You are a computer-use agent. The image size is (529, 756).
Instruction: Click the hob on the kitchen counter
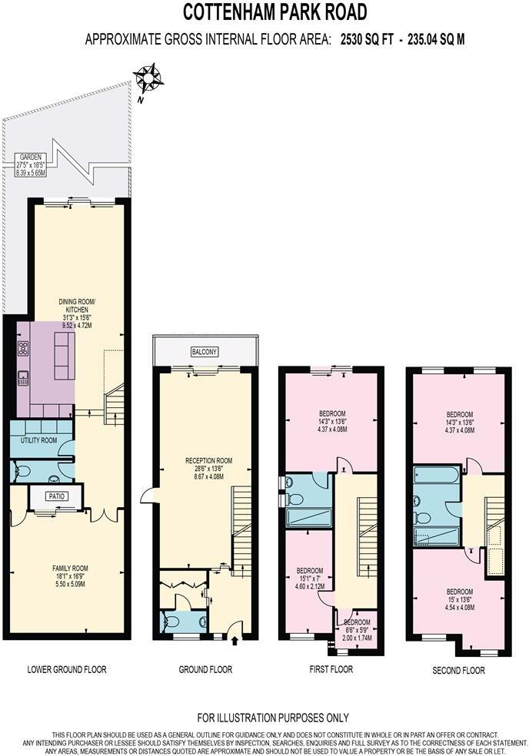point(23,348)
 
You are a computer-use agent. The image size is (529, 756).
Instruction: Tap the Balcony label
point(205,352)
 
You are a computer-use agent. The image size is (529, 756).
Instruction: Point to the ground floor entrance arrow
point(234,636)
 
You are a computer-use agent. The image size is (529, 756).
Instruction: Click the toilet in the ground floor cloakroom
point(172,621)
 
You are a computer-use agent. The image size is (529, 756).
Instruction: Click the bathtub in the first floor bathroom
point(308,518)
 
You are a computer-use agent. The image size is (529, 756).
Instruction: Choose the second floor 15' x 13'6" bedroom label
point(461,597)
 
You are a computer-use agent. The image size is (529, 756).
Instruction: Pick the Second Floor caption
point(459,670)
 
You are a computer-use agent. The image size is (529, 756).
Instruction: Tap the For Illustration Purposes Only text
point(273,718)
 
